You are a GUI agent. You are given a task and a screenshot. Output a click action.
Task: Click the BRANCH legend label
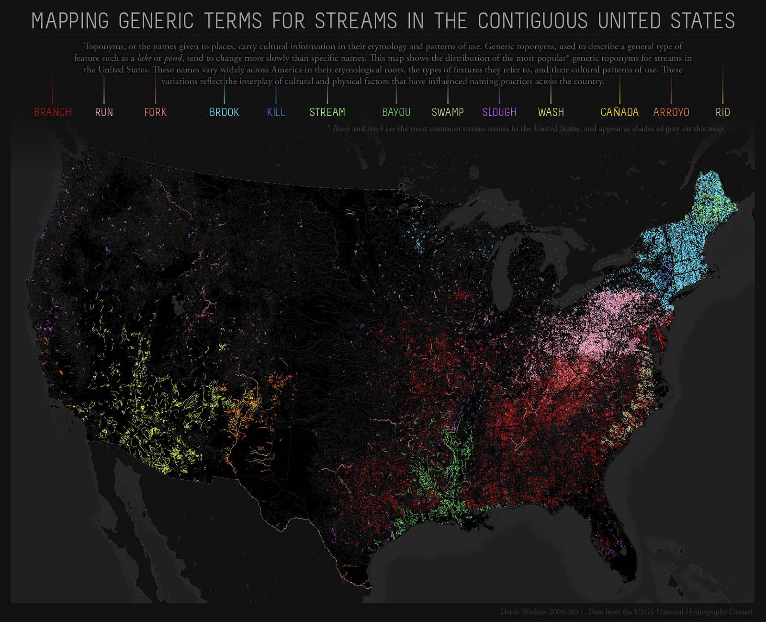coord(53,112)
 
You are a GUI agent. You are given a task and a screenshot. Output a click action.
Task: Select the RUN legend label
coord(104,112)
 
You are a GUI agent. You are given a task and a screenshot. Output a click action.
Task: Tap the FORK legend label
coord(155,112)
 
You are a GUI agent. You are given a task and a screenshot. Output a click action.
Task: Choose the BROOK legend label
coord(224,112)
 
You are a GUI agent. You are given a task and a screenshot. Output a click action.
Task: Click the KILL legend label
coord(276,112)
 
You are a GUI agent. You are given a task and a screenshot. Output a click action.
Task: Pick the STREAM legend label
coord(327,112)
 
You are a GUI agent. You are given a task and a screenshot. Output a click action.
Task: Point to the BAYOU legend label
coord(396,112)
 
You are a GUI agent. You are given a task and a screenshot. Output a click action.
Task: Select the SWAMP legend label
coord(448,112)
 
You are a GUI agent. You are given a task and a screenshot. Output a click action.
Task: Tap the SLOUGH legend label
coord(499,112)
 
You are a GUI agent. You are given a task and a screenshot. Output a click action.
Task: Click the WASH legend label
coord(551,112)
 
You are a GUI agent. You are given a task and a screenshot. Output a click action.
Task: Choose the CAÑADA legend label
coord(620,112)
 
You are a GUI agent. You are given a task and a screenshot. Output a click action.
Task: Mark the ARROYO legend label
coord(671,112)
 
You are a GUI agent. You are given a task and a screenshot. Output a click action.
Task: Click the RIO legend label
coord(722,112)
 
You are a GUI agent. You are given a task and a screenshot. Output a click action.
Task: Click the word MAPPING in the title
coord(70,21)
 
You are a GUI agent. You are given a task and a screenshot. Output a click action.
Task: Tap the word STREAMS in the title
coord(356,21)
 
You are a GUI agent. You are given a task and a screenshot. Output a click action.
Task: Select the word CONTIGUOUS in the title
coord(532,21)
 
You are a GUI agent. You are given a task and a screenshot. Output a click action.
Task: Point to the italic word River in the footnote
coord(341,128)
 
